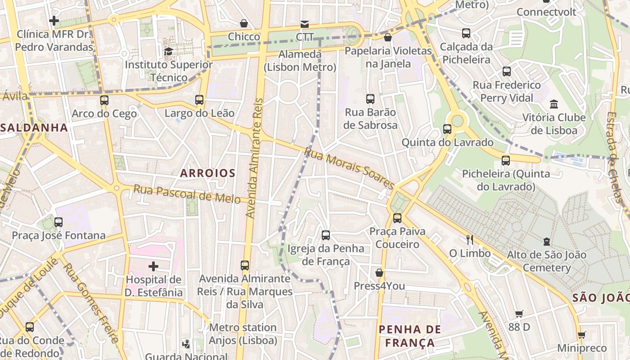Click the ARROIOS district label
coord(207,173)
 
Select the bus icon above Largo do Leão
coord(199,100)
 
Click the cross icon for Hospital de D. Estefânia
coord(153,266)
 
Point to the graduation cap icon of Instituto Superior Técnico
coord(168,51)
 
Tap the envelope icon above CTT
coord(305,24)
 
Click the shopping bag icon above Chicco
coord(244,23)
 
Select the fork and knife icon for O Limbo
coord(470,239)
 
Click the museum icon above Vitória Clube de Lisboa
coord(554,104)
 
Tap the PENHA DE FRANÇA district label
coord(409,336)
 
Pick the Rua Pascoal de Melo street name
coord(187,194)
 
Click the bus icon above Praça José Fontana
coord(58,222)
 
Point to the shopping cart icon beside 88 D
coord(519,314)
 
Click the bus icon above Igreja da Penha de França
coord(326,235)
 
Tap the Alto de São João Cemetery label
coord(546,261)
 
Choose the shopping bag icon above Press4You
coord(379,273)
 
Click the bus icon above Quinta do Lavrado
coord(447,129)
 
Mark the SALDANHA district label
coord(34,127)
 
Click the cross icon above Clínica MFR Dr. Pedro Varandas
coord(54,21)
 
